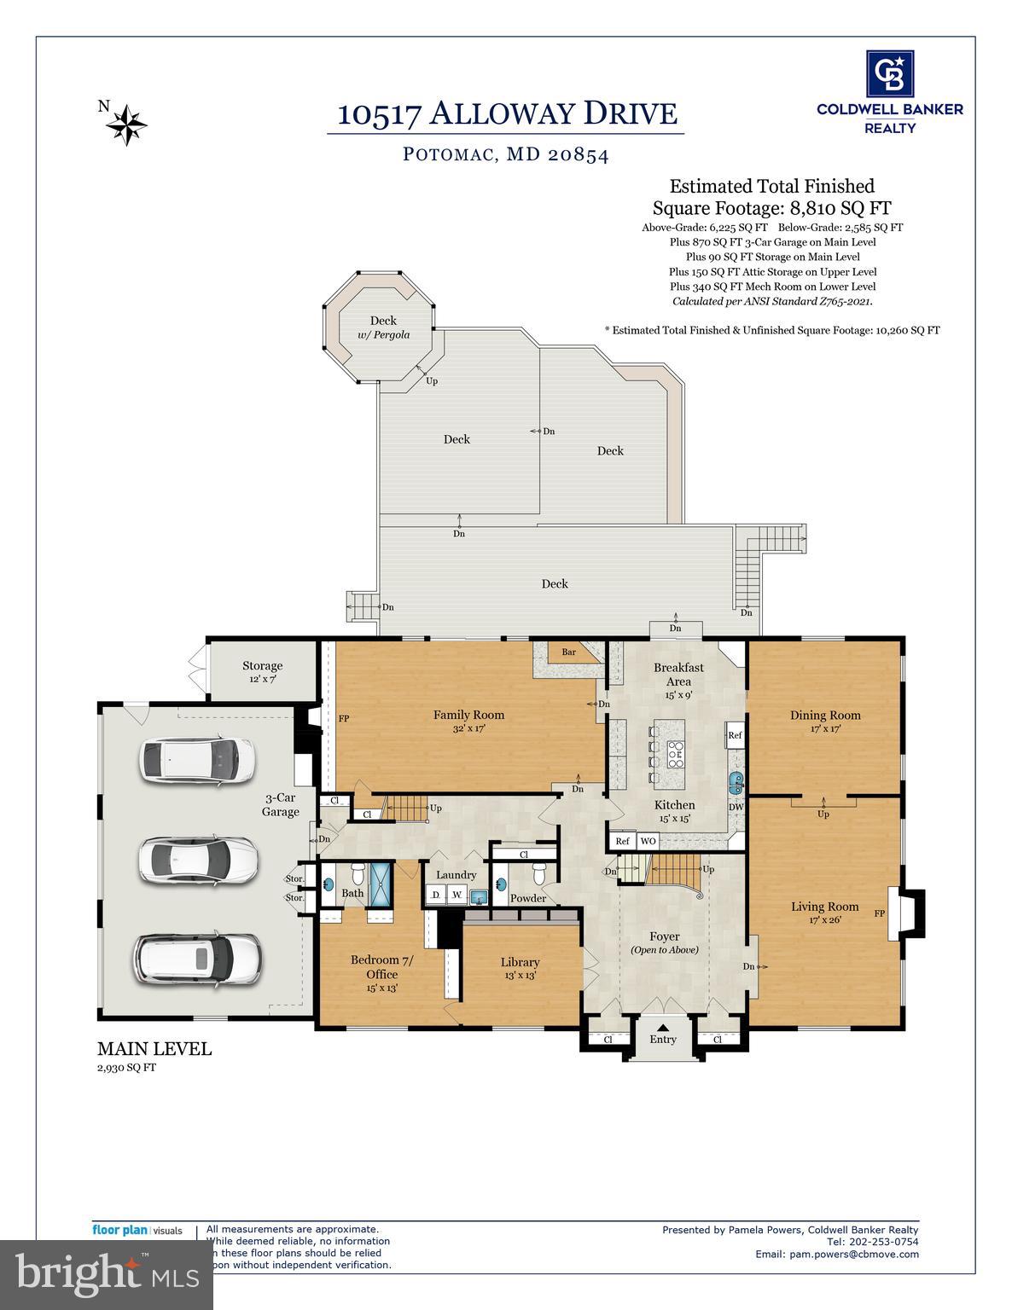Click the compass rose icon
pyautogui.click(x=126, y=125)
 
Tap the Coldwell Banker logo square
pyautogui.click(x=889, y=73)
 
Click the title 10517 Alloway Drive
pyautogui.click(x=507, y=113)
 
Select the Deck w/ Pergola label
pyautogui.click(x=383, y=327)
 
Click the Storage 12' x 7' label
pyautogui.click(x=262, y=671)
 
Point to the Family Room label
pyautogui.click(x=468, y=721)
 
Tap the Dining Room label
pyautogui.click(x=824, y=721)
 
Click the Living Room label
pyautogui.click(x=824, y=912)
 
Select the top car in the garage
pyautogui.click(x=197, y=759)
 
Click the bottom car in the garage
pyautogui.click(x=197, y=959)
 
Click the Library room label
pyautogui.click(x=520, y=967)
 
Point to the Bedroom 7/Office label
pyautogui.click(x=381, y=972)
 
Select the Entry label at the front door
pyautogui.click(x=663, y=1039)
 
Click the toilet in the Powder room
pyautogui.click(x=538, y=875)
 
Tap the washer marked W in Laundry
pyautogui.click(x=457, y=896)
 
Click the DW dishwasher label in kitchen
pyautogui.click(x=735, y=807)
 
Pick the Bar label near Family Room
pyautogui.click(x=568, y=652)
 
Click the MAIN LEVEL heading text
pyautogui.click(x=154, y=1049)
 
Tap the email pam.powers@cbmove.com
pyautogui.click(x=836, y=1254)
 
